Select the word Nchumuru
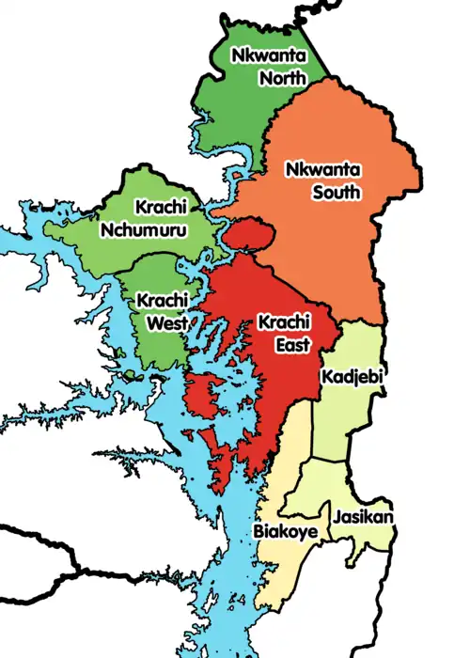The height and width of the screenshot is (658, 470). [x=142, y=228]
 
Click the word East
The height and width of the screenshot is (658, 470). [x=292, y=345]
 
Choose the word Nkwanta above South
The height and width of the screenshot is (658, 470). [x=322, y=170]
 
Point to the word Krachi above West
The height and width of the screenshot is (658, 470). [x=160, y=301]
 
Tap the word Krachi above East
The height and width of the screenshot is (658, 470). [x=281, y=323]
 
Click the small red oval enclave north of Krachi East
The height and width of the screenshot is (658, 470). [x=248, y=232]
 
